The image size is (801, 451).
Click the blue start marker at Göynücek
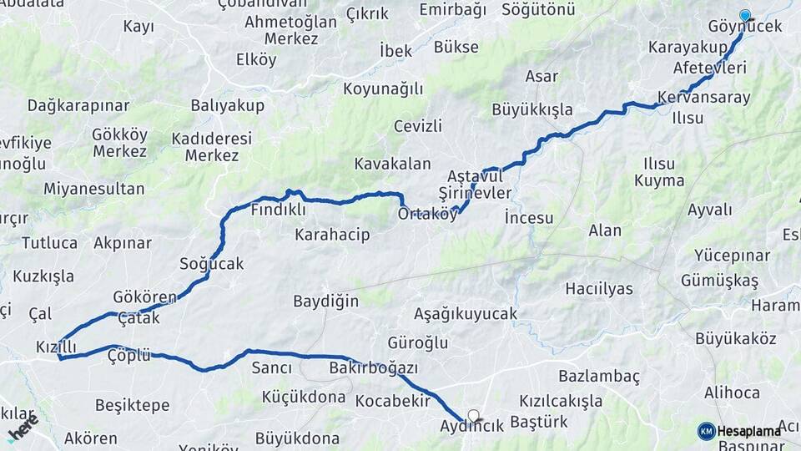(744, 14)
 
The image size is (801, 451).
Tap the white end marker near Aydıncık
(474, 415)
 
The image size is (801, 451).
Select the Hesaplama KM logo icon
(706, 431)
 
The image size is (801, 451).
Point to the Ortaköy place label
(428, 214)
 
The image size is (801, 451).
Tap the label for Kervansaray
(693, 97)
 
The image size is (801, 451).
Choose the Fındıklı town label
(278, 210)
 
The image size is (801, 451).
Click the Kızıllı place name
(56, 347)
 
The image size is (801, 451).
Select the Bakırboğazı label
(374, 367)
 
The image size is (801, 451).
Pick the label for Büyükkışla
(532, 109)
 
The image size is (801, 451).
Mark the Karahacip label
(332, 235)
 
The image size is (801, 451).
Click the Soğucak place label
(212, 264)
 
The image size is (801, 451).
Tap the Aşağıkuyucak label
(466, 314)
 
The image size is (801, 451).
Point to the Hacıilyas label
(599, 289)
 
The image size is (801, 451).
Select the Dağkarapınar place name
(78, 105)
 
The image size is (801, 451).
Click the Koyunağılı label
(384, 89)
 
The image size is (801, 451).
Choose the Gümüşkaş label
(719, 281)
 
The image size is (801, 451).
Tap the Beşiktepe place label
(132, 405)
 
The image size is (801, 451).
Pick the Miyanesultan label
(94, 189)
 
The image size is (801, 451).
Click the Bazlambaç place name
(599, 376)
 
